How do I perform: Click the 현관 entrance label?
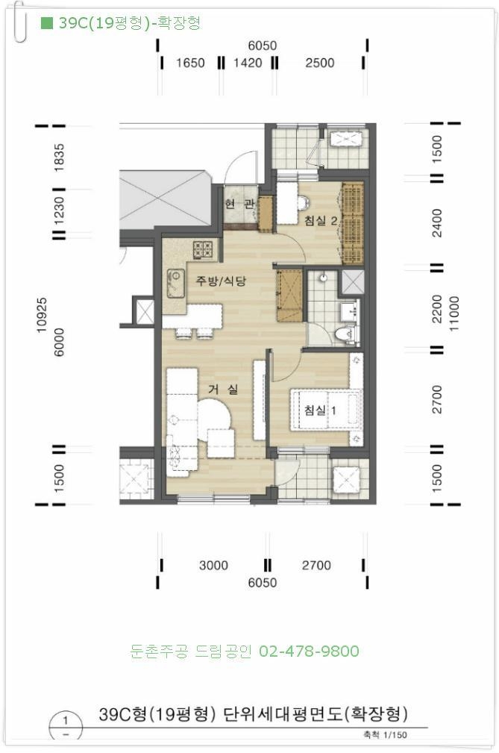pyautogui.click(x=239, y=204)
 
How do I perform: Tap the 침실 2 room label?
pyautogui.click(x=321, y=220)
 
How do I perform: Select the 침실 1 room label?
pyautogui.click(x=320, y=410)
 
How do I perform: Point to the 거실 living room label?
pyautogui.click(x=222, y=389)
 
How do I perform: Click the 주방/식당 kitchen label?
pyautogui.click(x=220, y=281)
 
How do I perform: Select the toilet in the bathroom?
pyautogui.click(x=345, y=334)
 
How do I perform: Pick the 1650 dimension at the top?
pyautogui.click(x=190, y=63)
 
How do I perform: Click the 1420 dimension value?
pyautogui.click(x=248, y=63)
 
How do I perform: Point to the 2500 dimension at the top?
pyautogui.click(x=319, y=63)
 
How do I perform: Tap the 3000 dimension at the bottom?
pyautogui.click(x=213, y=565)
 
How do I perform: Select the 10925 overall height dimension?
pyautogui.click(x=42, y=315)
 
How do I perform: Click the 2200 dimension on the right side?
pyautogui.click(x=437, y=308)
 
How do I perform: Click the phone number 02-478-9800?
pyautogui.click(x=309, y=652)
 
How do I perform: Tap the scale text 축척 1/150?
pyautogui.click(x=386, y=735)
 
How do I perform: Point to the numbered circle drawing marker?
pyautogui.click(x=66, y=727)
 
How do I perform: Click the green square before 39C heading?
pyautogui.click(x=46, y=22)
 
